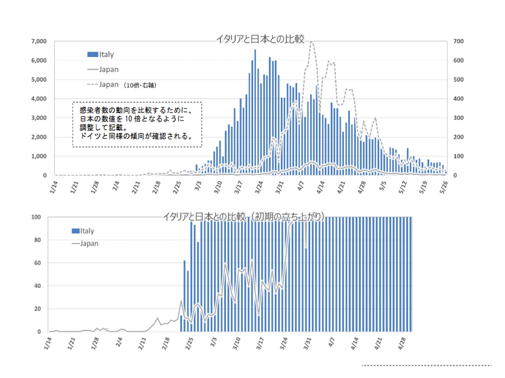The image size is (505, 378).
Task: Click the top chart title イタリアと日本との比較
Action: point(260,39)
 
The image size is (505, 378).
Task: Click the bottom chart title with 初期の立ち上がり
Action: point(243,217)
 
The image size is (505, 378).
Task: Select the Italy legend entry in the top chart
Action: point(101,55)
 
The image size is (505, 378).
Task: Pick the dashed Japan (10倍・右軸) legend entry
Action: point(122,85)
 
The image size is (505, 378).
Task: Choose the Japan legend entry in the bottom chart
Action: point(85,244)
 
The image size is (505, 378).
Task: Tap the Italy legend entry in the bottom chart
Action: point(83,231)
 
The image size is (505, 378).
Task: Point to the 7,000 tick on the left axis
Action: point(39,41)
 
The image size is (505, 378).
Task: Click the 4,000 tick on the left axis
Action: point(39,99)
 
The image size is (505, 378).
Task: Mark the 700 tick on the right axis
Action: point(459,41)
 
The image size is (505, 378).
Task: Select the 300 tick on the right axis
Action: point(459,118)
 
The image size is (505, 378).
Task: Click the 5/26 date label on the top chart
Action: point(443,187)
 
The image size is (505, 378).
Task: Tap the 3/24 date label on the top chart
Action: point(259,187)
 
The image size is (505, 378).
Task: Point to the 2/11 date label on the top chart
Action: point(136,187)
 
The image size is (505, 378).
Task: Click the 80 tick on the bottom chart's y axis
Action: point(37,240)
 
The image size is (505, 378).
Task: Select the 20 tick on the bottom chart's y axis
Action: point(37,309)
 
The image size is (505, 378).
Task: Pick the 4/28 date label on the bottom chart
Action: point(402,344)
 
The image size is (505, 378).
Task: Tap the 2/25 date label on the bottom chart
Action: point(189,344)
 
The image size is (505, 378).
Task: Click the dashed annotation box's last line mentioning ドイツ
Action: point(137,136)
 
